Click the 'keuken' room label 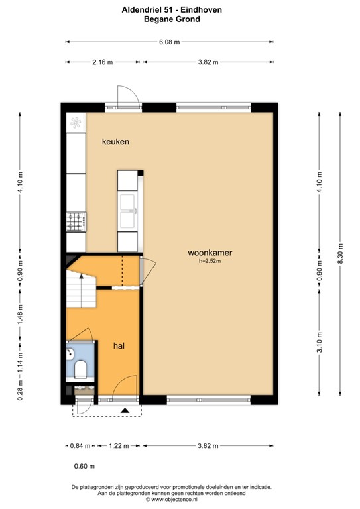pos(115,142)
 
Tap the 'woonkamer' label pos(210,253)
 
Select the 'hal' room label pos(119,345)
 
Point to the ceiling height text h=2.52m pos(210,262)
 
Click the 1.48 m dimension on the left pos(20,314)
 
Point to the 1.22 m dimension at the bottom pos(115,446)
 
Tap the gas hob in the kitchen pos(76,221)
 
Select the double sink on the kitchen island pos(127,211)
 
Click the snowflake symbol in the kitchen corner pos(76,123)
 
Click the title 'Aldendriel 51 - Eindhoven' pos(172,10)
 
